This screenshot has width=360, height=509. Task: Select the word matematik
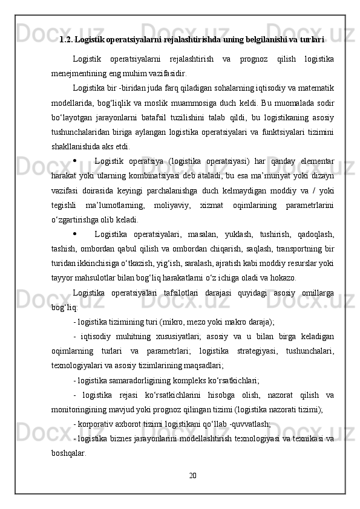[315, 87]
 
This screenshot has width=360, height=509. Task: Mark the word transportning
[293, 248]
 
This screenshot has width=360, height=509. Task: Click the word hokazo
[281, 278]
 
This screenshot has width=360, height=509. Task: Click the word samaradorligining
[136, 380]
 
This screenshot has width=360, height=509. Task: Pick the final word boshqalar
[68, 453]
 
